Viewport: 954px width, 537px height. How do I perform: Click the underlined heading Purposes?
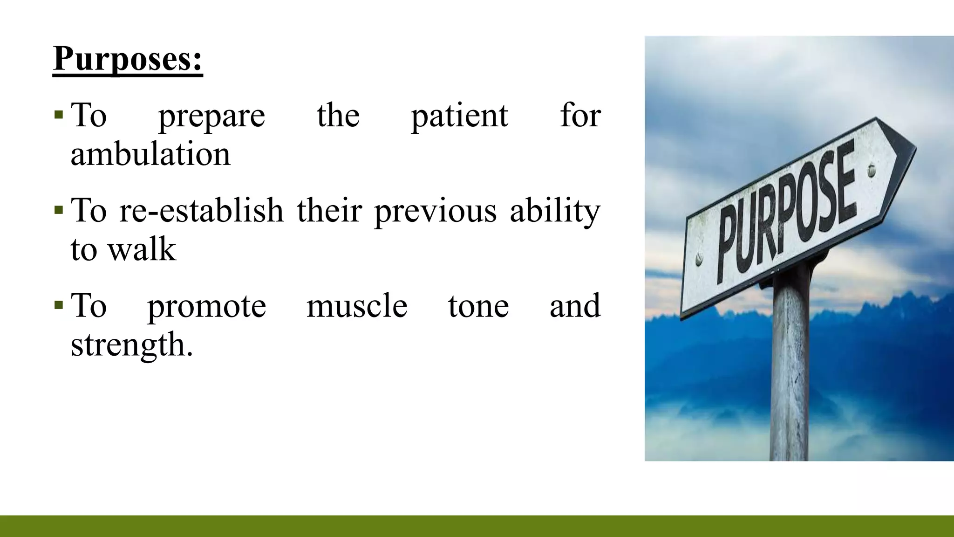coord(128,59)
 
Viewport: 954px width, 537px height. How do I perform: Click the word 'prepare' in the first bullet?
coord(211,116)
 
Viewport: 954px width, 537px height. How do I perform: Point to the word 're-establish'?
coord(201,211)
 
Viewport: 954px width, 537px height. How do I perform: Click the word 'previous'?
coord(435,212)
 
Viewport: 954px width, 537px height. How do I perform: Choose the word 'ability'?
coord(555,212)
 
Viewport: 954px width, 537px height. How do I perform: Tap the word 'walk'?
coord(142,249)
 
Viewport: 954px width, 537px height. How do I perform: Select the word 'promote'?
coord(207,307)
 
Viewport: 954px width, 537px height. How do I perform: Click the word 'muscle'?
coord(357,306)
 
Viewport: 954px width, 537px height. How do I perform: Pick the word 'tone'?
coord(478,306)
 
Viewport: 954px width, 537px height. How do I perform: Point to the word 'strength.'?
coord(132,345)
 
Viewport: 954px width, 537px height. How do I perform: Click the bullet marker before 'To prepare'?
coord(58,115)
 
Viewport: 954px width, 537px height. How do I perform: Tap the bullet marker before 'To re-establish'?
coord(58,210)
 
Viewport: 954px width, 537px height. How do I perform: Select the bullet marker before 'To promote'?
coord(58,306)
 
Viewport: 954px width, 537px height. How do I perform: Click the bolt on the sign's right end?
coord(871,171)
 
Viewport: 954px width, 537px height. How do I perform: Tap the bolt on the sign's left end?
coord(699,259)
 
